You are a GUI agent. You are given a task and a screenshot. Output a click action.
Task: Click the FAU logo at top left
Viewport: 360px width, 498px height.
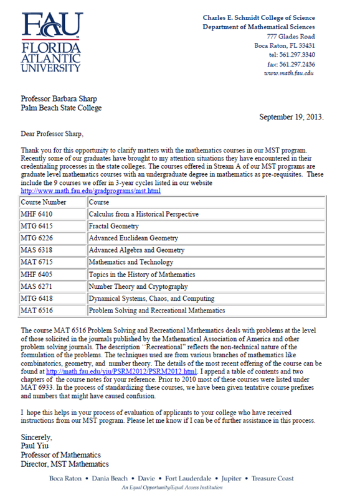click(x=52, y=42)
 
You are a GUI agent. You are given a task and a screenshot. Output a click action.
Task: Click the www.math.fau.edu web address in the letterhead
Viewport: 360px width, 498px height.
click(x=288, y=73)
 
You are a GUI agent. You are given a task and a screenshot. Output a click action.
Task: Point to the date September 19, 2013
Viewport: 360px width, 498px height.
click(x=291, y=116)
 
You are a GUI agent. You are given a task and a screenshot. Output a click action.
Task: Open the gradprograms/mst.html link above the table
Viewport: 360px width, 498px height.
click(x=91, y=191)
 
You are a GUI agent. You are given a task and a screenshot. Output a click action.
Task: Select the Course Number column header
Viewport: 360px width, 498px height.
click(x=44, y=202)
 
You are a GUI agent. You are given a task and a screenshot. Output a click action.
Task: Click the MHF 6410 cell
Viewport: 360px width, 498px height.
click(x=39, y=214)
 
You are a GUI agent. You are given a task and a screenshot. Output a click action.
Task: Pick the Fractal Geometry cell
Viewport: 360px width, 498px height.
click(x=113, y=226)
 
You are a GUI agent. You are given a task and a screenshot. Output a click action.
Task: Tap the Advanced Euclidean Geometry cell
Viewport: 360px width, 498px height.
click(x=133, y=238)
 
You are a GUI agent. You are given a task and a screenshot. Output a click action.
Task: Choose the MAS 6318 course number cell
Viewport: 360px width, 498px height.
click(x=39, y=250)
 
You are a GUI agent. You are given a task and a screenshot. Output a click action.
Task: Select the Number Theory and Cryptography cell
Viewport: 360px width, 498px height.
click(x=138, y=286)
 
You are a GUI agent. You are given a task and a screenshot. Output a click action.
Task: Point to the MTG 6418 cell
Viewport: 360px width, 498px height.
click(x=39, y=298)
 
